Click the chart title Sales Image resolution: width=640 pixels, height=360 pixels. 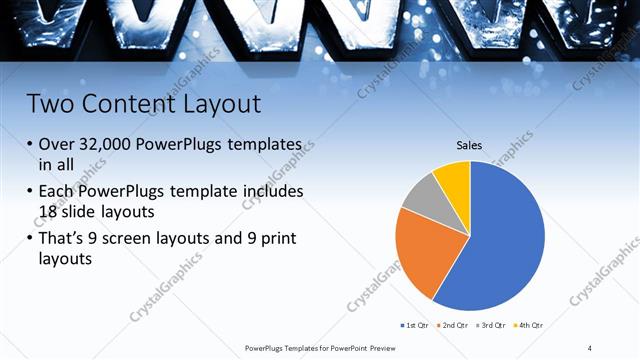(469, 146)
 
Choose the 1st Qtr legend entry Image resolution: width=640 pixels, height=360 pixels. (415, 325)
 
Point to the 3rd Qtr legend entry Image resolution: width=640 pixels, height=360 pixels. (491, 325)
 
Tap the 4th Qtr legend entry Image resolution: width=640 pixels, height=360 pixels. (529, 325)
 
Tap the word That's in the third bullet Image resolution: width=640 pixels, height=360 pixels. (66, 240)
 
